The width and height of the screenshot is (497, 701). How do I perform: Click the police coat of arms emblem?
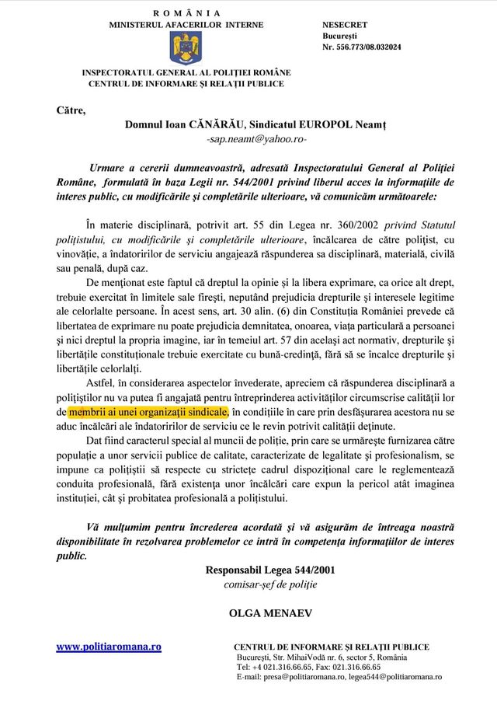[186, 47]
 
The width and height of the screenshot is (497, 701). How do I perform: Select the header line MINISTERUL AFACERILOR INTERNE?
[186, 25]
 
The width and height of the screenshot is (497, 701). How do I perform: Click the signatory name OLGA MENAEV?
[270, 612]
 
